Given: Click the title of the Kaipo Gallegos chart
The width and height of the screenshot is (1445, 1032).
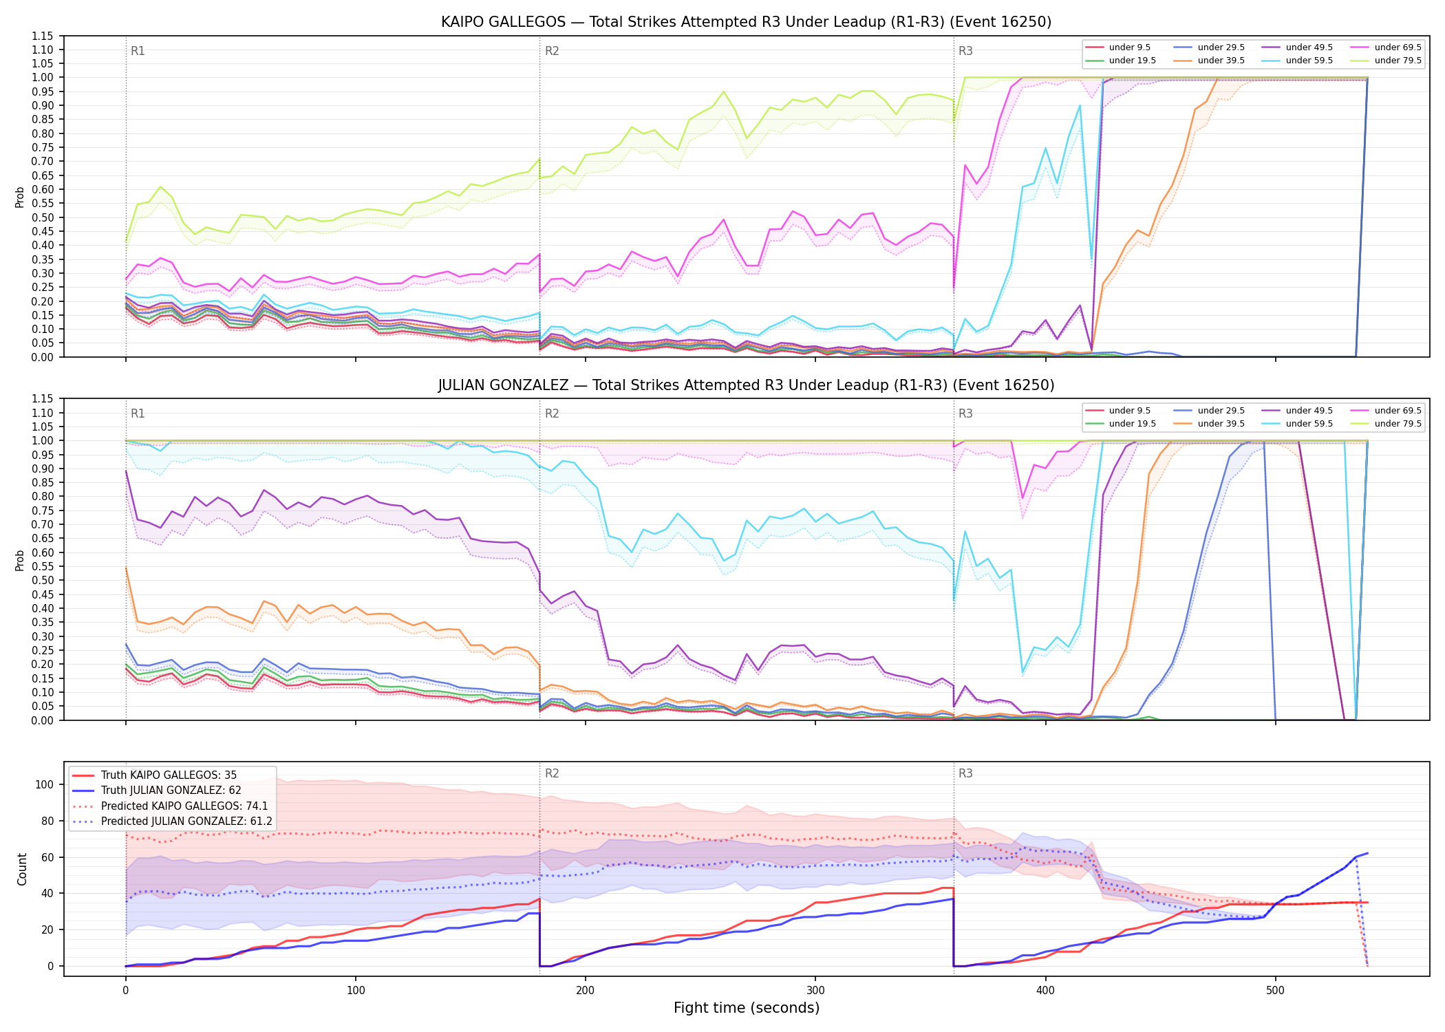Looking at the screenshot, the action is click(746, 22).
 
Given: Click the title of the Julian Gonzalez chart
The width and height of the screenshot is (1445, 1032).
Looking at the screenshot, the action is click(746, 385).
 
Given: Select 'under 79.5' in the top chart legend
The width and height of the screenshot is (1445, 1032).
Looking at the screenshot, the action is click(1398, 61).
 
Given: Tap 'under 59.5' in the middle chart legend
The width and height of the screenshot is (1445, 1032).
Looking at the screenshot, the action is click(1309, 424).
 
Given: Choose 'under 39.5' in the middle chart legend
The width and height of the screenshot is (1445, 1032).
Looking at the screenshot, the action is click(1221, 424).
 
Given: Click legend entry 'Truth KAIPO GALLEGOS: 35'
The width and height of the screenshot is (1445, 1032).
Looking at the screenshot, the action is click(169, 775).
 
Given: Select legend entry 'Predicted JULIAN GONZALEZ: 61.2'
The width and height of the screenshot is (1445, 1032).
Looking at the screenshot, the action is click(186, 821).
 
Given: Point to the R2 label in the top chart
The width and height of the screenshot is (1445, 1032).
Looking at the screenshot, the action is click(552, 51).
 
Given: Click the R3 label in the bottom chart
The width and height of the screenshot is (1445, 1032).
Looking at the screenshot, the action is click(965, 773).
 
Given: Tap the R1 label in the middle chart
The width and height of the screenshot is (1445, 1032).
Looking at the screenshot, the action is click(138, 413).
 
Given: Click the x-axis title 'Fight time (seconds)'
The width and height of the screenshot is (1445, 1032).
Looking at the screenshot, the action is click(747, 1008).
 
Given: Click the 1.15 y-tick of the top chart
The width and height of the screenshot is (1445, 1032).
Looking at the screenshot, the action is click(42, 36).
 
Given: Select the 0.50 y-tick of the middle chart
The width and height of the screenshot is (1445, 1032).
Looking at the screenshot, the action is click(42, 581).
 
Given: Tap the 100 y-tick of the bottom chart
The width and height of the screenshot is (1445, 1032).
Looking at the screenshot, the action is click(44, 784).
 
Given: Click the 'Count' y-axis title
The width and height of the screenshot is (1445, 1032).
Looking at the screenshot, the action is click(22, 869).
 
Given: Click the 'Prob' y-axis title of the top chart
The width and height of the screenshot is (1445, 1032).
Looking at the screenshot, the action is click(20, 197).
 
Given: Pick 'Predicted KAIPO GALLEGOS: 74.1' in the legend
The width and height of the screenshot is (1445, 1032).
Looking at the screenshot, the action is click(184, 806).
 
